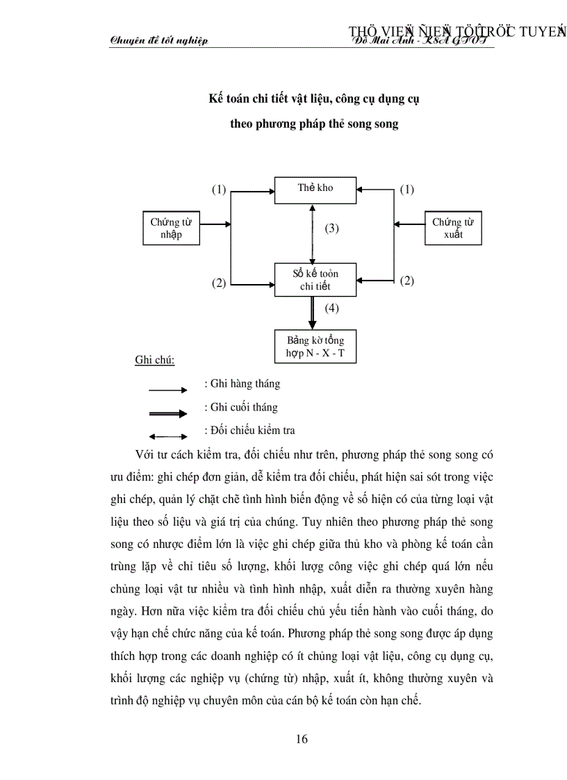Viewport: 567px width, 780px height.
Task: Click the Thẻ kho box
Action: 315,190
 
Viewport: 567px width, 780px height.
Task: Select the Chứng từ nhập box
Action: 171,229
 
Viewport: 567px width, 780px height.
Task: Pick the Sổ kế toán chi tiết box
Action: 315,280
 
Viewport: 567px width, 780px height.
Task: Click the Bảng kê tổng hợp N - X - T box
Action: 315,347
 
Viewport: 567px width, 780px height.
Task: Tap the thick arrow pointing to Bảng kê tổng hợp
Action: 313,313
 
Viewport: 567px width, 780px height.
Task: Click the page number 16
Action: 302,738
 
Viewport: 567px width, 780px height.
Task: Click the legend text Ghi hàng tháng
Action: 243,383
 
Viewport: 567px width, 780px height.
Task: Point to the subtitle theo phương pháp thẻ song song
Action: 314,125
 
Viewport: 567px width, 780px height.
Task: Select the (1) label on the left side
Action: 219,189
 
